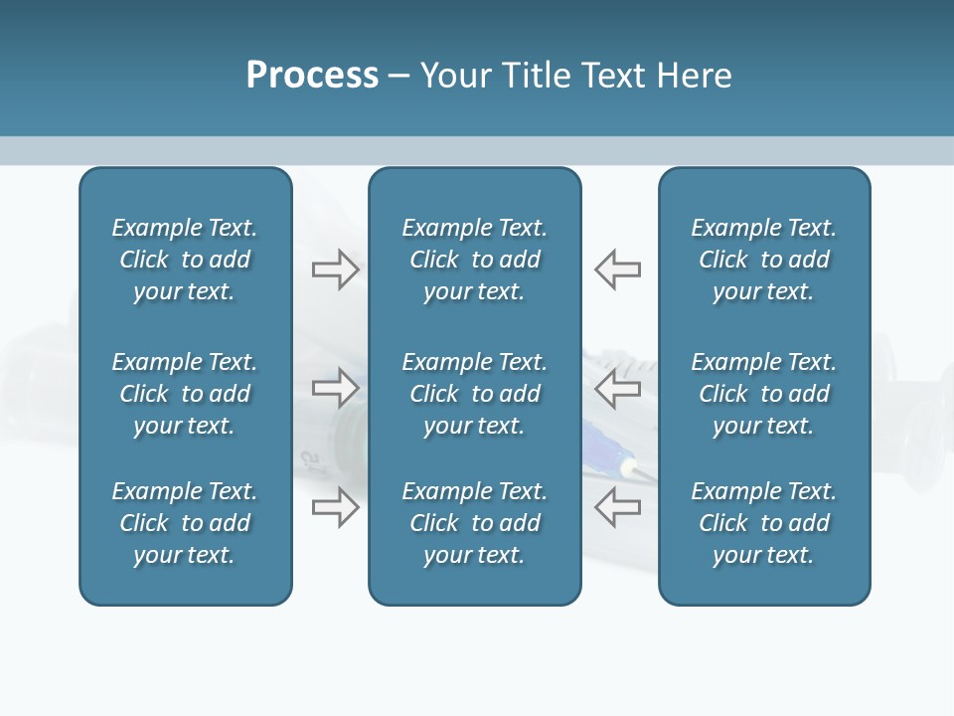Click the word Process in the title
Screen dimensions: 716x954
[x=312, y=76]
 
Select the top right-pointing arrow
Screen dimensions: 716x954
[x=336, y=268]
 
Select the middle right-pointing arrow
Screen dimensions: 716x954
[x=336, y=388]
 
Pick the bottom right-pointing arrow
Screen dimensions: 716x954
[x=336, y=507]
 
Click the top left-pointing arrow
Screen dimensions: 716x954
[x=617, y=268]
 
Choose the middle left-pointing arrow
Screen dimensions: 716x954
[x=617, y=388]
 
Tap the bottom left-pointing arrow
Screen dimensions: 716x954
[x=617, y=507]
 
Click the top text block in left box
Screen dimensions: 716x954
[x=185, y=260]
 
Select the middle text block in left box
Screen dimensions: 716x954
[x=185, y=394]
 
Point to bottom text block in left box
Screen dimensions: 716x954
[x=185, y=523]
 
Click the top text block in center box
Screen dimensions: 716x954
[x=474, y=260]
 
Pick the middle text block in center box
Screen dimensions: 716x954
[x=474, y=394]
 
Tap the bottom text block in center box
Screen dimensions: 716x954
[x=474, y=523]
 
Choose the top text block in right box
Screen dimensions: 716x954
[x=763, y=260]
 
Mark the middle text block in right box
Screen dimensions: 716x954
[x=763, y=394]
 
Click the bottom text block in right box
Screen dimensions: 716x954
[x=763, y=523]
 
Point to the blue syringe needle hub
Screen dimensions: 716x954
[x=601, y=443]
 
